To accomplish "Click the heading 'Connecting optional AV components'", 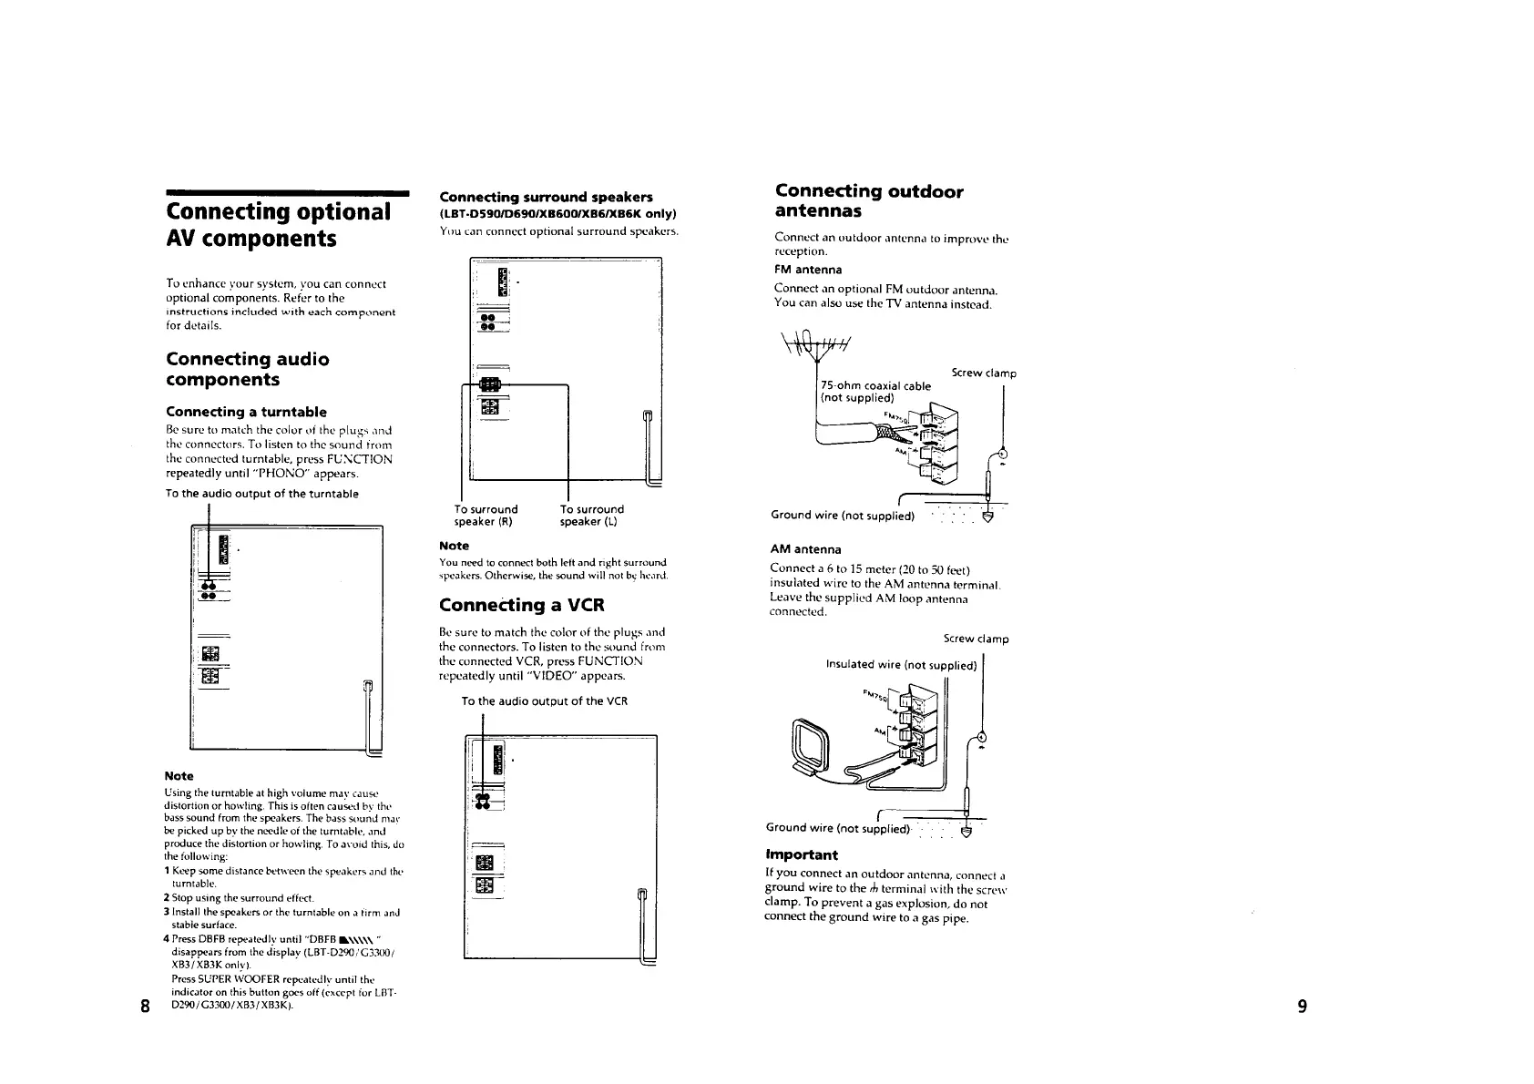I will click(278, 225).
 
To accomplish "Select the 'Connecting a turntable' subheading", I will click(246, 412).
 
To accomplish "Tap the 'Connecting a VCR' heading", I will click(521, 605).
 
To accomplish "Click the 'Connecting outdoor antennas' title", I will click(868, 200).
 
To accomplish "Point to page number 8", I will click(144, 1007).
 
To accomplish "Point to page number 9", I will click(1302, 1007).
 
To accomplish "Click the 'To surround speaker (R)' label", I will click(486, 516).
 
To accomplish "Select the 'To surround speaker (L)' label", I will click(592, 516).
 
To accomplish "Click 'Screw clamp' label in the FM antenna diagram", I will click(984, 373).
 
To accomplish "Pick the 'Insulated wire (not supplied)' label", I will click(900, 664).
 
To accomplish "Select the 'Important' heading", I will click(801, 854).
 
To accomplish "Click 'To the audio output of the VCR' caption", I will click(544, 701).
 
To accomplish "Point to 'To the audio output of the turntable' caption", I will click(261, 494).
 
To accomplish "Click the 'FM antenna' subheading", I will click(808, 270).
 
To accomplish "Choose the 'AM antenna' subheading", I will click(805, 549).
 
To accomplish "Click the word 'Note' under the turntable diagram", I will click(179, 776).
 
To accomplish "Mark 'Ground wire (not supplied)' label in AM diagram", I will click(837, 827).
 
